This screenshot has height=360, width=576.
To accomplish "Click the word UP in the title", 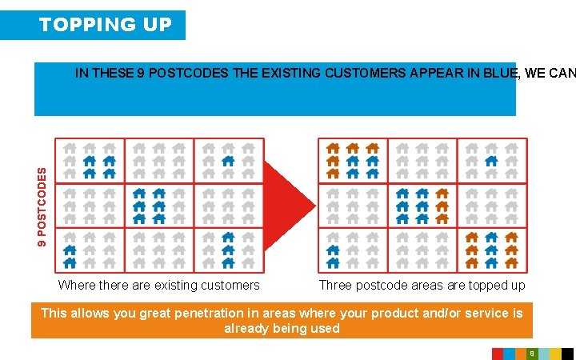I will pos(158,25).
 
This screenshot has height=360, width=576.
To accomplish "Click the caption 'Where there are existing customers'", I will pos(158,286).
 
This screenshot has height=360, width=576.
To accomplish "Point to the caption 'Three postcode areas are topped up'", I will pos(422,286).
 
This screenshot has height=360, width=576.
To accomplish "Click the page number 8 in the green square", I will pos(531,354).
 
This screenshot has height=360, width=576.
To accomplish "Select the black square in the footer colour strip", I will pos(567,354).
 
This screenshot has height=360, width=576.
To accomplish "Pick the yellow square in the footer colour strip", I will pos(555,354).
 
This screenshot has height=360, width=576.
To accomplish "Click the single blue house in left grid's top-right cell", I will pos(228,161).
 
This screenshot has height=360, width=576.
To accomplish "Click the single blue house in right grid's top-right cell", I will pos(491,161).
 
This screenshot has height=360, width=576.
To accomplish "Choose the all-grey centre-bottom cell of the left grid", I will pos(158,250).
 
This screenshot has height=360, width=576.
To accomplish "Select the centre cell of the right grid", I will pos(422,206).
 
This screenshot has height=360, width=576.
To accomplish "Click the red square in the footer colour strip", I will pos(497,354).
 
